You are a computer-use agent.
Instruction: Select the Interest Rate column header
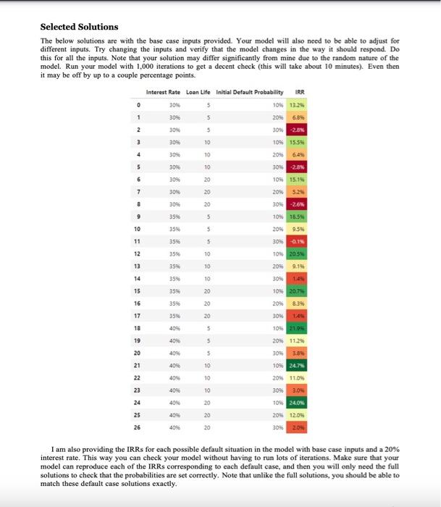click(x=163, y=92)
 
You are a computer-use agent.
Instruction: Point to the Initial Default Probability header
click(x=253, y=92)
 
